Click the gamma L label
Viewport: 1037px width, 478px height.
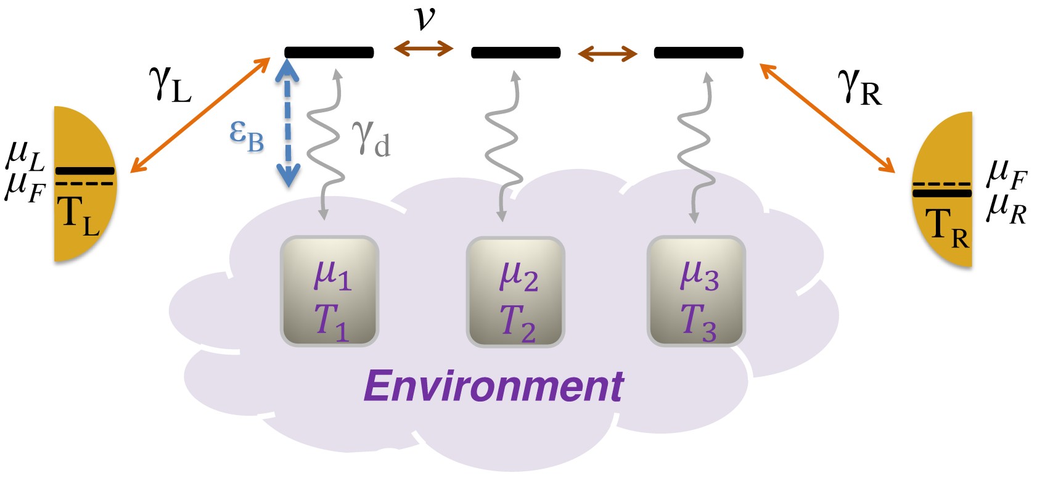coord(170,84)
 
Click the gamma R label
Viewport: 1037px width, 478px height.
coord(859,88)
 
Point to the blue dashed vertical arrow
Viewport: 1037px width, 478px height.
coord(287,123)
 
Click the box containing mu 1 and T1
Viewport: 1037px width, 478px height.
coord(329,291)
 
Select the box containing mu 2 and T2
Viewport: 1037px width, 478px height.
coord(515,292)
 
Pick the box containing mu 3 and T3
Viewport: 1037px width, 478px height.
coord(696,291)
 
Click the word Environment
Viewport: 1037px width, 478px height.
coord(493,387)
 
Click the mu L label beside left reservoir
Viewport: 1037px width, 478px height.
coord(25,157)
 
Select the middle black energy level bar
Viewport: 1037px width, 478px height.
coord(515,53)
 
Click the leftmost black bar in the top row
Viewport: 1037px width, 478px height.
coord(329,52)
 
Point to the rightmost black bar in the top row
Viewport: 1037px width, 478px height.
coord(699,53)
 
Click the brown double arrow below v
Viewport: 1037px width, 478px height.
coord(424,48)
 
